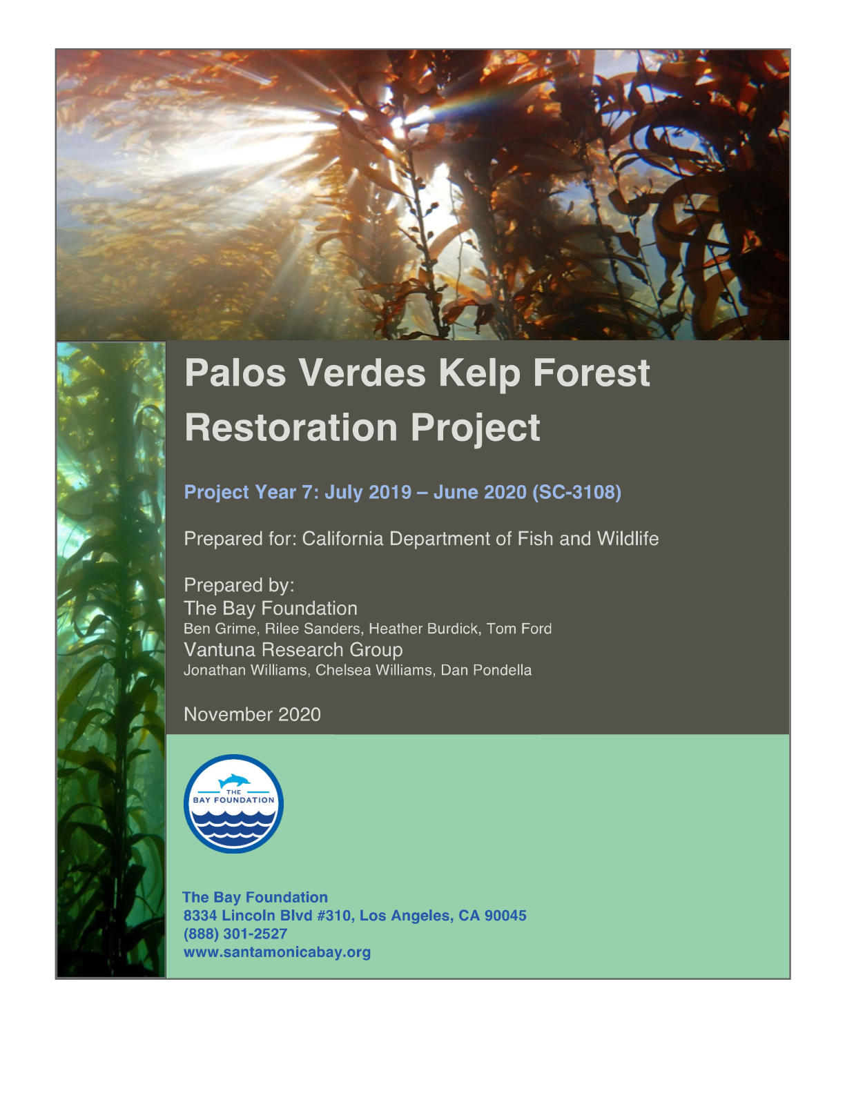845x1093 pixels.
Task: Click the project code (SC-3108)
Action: pos(576,492)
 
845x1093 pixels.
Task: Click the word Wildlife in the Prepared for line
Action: pos(628,539)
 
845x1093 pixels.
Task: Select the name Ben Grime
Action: pos(220,629)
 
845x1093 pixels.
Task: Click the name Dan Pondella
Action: pos(486,671)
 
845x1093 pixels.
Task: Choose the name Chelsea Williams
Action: pos(374,671)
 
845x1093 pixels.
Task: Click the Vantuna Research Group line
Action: pos(293,650)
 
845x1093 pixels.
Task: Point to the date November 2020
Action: pos(252,714)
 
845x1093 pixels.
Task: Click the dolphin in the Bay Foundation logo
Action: pos(234,780)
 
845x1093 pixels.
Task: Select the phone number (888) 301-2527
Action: pos(235,934)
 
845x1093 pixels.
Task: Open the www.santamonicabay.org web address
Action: pos(277,952)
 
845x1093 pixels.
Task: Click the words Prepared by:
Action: pos(239,585)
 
